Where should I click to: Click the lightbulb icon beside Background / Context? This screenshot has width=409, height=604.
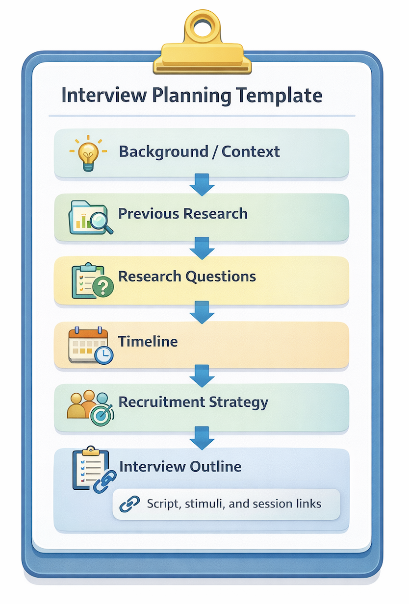pyautogui.click(x=87, y=152)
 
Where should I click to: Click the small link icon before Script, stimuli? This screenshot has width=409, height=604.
pyautogui.click(x=129, y=503)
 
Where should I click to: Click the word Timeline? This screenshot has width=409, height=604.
pyautogui.click(x=148, y=341)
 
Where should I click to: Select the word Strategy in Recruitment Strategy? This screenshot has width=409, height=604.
pyautogui.click(x=238, y=403)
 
